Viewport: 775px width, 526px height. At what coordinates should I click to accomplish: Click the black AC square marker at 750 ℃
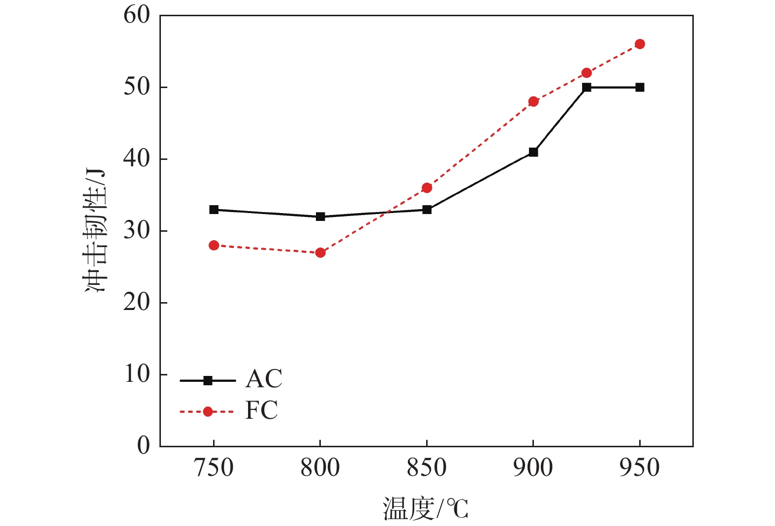[214, 210]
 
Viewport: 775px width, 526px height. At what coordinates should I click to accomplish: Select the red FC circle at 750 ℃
[214, 246]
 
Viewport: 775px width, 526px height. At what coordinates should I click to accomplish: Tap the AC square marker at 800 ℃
[320, 217]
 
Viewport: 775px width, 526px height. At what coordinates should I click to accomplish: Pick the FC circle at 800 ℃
[320, 253]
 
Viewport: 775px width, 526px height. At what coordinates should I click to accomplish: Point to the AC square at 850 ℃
[427, 210]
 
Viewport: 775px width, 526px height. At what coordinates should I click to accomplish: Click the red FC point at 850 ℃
[427, 188]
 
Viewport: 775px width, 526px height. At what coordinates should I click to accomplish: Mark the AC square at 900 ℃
[533, 152]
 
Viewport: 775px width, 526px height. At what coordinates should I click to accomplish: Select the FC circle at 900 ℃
[533, 102]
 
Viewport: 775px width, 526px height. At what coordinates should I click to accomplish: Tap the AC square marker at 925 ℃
[587, 88]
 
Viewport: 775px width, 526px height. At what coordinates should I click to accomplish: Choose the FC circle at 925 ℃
[587, 73]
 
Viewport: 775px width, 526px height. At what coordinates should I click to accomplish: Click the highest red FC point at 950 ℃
[640, 44]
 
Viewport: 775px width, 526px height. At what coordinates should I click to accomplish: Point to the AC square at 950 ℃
[640, 88]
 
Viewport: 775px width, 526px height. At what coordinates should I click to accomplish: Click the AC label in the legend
[264, 379]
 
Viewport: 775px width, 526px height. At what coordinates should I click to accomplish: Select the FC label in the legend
[261, 410]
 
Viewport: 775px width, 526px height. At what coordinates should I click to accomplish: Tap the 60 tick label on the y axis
[136, 15]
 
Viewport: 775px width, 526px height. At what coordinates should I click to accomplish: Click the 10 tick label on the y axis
[136, 374]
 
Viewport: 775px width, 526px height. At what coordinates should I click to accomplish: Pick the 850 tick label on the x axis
[427, 468]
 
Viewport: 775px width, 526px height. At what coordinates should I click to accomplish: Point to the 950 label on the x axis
[640, 468]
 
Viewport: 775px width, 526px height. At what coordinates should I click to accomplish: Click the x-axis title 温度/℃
[426, 509]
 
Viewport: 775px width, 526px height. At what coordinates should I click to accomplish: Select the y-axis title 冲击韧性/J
[95, 231]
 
